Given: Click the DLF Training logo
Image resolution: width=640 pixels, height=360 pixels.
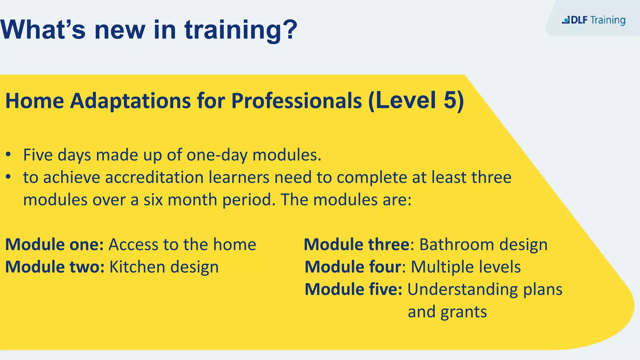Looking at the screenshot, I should (x=593, y=20).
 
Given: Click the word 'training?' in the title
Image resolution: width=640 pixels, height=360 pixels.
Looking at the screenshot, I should (x=241, y=30).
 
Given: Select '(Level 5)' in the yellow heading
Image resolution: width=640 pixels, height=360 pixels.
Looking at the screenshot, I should (x=416, y=101).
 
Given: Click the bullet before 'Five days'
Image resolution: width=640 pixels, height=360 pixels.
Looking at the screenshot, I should (x=9, y=155).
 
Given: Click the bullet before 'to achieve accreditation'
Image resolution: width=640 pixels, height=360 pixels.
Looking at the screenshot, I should (x=9, y=177).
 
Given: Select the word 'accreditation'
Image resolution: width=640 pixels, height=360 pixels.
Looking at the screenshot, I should (x=154, y=177).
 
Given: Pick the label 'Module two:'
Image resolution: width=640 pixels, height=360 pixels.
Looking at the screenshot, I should (x=55, y=267).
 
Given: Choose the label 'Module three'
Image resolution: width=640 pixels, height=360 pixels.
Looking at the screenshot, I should (x=357, y=244).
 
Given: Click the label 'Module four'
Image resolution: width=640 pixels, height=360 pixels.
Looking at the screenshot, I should (x=353, y=267).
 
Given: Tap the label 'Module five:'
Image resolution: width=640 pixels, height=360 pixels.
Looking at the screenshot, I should (x=353, y=289).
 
